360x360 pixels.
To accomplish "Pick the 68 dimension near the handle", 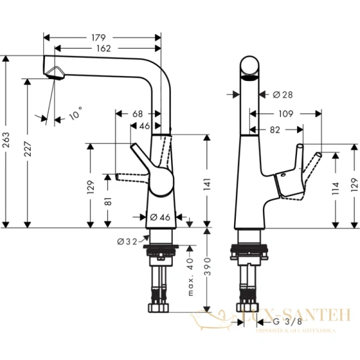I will (x=137, y=113).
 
